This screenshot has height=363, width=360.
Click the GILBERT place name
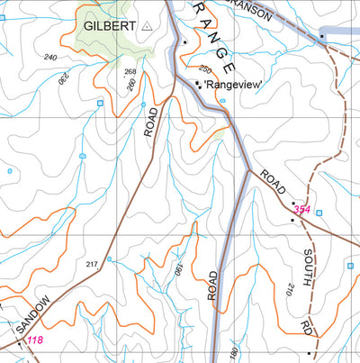[x=110, y=27]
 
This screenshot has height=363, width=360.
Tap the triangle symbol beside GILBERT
[x=148, y=27]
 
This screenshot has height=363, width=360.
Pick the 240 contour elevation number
[x=49, y=58]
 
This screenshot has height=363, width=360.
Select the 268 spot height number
[x=130, y=71]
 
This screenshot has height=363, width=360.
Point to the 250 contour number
[x=204, y=69]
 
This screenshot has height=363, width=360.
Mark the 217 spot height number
[x=91, y=264]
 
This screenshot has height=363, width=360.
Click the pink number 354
[x=301, y=210]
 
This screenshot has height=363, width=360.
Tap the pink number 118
[x=34, y=340]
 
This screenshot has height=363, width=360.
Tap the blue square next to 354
[x=318, y=213]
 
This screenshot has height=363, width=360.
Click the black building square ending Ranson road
[x=321, y=36]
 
